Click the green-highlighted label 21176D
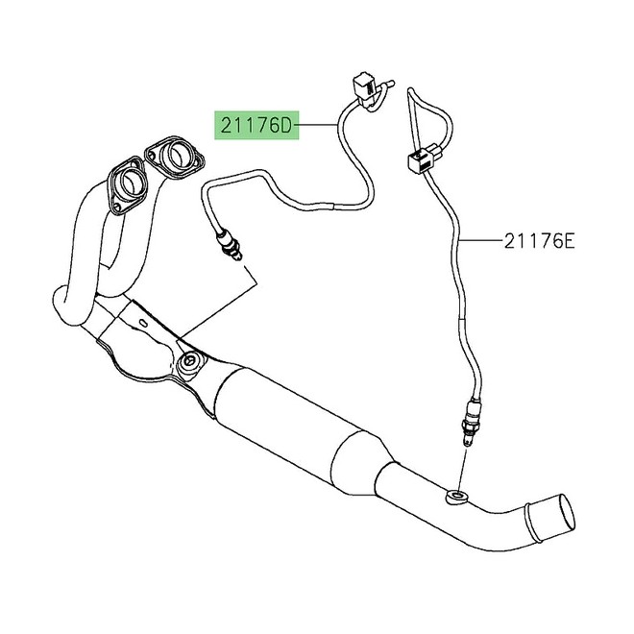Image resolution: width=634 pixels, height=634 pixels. (x=256, y=125)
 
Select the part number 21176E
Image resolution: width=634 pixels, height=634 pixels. (x=538, y=241)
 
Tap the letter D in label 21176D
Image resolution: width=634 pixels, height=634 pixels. (x=289, y=125)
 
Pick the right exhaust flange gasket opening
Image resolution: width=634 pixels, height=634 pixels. (x=176, y=155)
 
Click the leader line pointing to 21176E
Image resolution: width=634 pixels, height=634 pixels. (x=480, y=241)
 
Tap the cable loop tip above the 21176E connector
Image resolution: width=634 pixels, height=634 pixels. (x=411, y=93)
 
